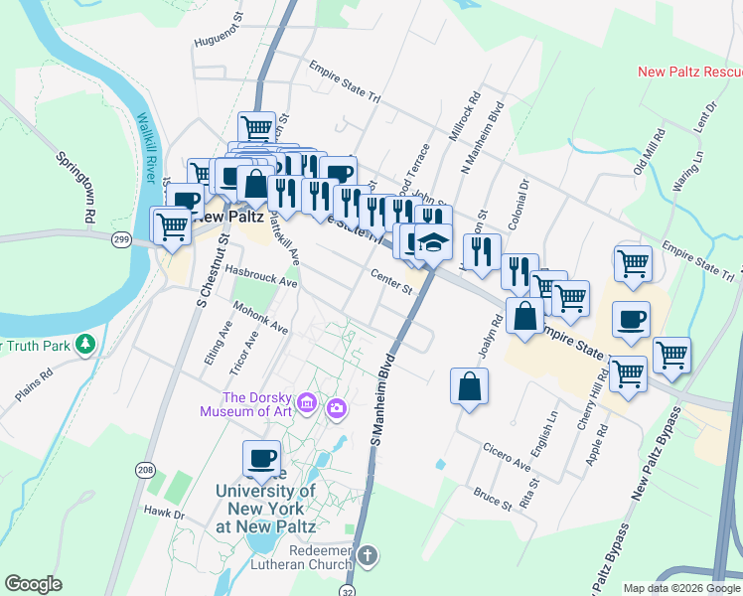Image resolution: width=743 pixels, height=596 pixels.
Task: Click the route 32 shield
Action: point(347,588)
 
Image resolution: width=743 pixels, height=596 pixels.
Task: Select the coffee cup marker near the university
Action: point(262,459)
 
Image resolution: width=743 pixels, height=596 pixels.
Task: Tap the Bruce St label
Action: point(492,498)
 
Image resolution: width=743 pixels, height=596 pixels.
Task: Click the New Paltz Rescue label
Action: point(689,72)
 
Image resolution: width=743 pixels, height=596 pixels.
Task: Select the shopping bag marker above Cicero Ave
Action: point(469,387)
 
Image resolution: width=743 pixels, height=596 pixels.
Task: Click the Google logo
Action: point(33,584)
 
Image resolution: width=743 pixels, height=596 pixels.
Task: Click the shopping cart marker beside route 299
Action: point(171,226)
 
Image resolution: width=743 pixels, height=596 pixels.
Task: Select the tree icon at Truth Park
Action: point(86,344)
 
